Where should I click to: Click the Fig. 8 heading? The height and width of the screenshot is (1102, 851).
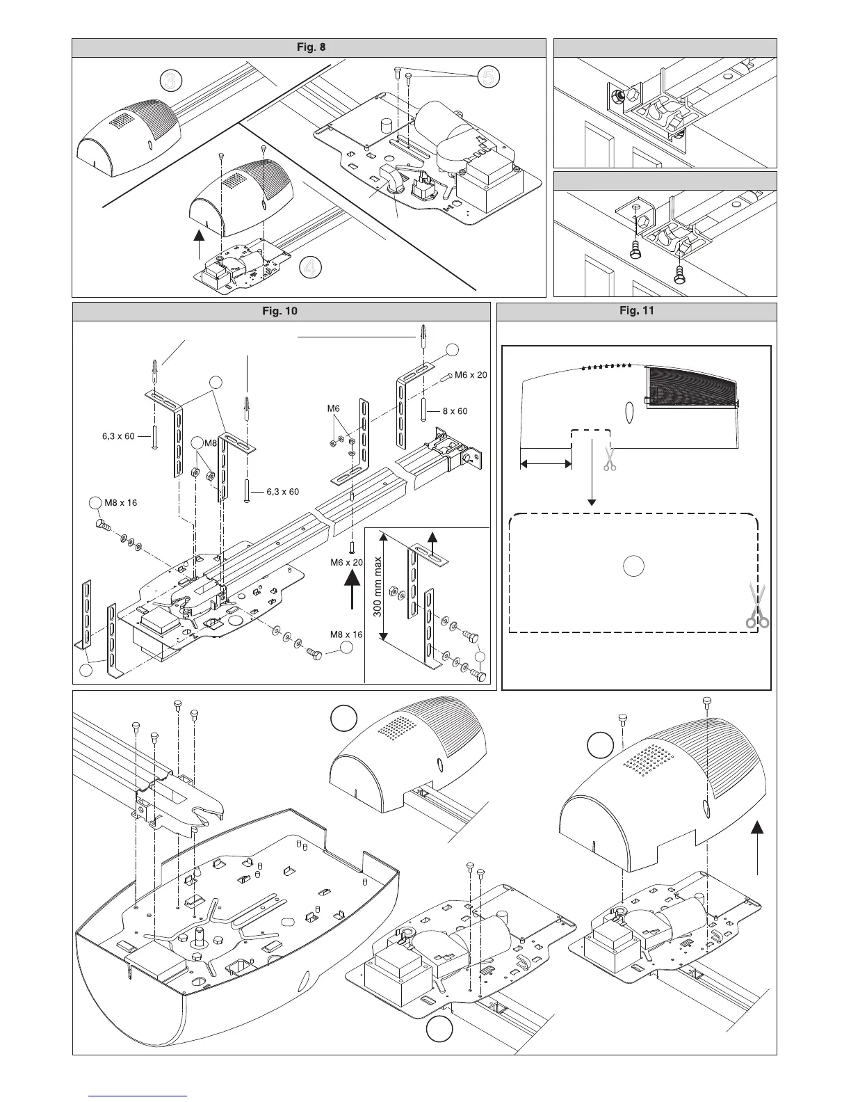click(x=309, y=47)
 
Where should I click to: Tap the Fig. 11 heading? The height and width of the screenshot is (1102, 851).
click(x=636, y=311)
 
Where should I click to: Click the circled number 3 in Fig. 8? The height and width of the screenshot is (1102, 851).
click(x=170, y=81)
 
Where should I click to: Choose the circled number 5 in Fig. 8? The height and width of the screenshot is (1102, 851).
click(x=488, y=78)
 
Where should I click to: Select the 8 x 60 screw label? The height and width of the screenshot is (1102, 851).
click(x=455, y=411)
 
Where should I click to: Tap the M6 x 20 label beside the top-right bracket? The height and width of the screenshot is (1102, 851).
click(x=471, y=375)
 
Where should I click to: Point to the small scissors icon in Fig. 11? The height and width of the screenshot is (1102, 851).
click(x=610, y=459)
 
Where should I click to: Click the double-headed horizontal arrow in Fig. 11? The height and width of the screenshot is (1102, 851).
click(x=546, y=463)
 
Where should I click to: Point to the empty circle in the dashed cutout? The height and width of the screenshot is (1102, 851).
click(x=632, y=566)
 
